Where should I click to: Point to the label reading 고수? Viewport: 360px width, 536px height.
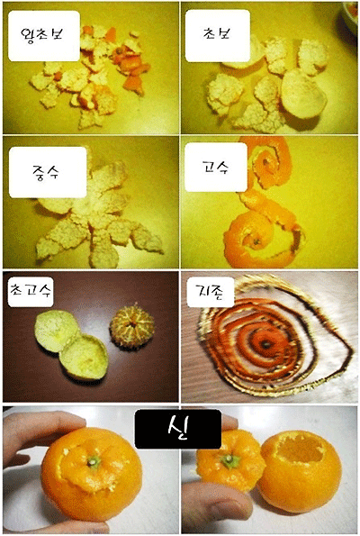click(216, 168)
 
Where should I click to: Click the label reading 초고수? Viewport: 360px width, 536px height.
click(31, 291)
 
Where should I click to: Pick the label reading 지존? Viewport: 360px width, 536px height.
click(211, 292)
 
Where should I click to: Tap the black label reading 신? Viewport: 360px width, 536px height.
click(178, 429)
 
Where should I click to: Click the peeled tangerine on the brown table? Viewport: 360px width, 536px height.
click(131, 326)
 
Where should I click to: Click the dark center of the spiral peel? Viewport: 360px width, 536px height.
click(265, 344)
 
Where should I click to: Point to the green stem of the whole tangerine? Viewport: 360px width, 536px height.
click(94, 462)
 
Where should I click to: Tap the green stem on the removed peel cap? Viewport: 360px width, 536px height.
click(229, 459)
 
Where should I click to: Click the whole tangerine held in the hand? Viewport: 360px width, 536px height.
click(92, 474)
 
